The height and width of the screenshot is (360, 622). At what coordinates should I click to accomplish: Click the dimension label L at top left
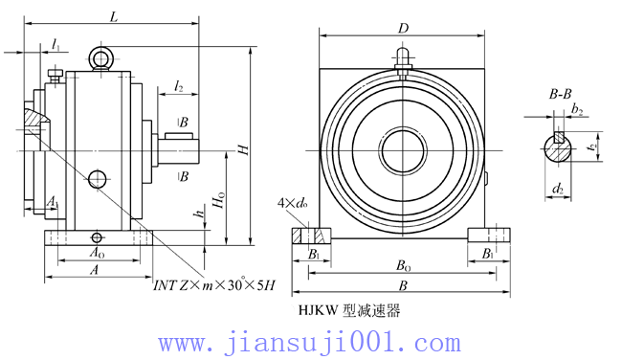pyautogui.click(x=114, y=16)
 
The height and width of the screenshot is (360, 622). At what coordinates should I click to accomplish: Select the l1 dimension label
pyautogui.click(x=56, y=46)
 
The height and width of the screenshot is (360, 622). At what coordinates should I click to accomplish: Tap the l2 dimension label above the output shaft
pyautogui.click(x=179, y=87)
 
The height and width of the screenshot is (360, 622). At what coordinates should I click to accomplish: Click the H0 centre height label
pyautogui.click(x=219, y=202)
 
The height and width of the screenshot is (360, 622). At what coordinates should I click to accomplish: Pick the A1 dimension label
pyautogui.click(x=52, y=203)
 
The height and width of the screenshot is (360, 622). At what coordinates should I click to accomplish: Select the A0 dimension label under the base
pyautogui.click(x=96, y=253)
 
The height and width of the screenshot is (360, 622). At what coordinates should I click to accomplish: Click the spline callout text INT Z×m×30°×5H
pyautogui.click(x=214, y=285)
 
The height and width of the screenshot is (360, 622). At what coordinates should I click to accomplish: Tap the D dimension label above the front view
pyautogui.click(x=404, y=29)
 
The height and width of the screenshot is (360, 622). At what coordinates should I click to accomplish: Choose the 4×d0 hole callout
pyautogui.click(x=289, y=203)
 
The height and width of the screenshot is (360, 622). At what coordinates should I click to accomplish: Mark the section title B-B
pyautogui.click(x=562, y=94)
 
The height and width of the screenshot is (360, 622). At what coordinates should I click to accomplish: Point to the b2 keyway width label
pyautogui.click(x=576, y=111)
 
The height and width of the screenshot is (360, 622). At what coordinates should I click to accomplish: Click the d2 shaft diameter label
pyautogui.click(x=558, y=189)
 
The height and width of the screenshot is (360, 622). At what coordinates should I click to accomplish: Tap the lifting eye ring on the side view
pyautogui.click(x=101, y=59)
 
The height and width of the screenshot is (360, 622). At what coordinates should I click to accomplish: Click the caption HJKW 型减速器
pyautogui.click(x=349, y=310)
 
